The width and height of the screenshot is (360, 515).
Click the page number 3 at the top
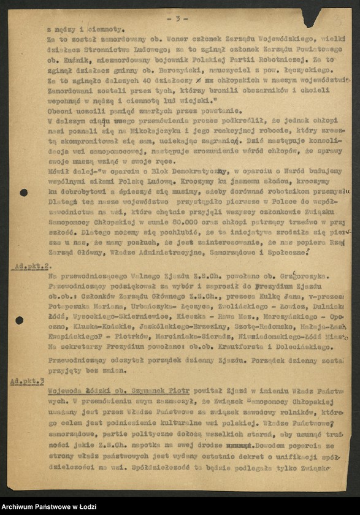click(x=177, y=19)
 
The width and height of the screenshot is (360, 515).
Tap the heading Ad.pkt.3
click(x=27, y=381)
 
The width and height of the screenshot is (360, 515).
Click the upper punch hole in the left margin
click(x=23, y=193)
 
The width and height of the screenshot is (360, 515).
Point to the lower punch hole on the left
click(x=20, y=320)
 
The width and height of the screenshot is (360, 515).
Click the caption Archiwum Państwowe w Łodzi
click(x=49, y=506)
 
